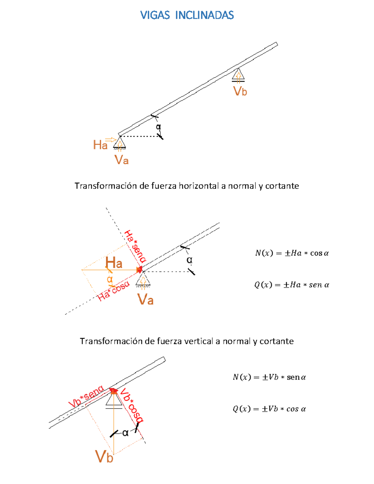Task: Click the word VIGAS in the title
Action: click(155, 15)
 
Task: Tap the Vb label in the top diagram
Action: click(240, 91)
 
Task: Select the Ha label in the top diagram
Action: click(100, 145)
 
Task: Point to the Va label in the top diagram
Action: click(121, 160)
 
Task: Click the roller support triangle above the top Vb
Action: click(238, 75)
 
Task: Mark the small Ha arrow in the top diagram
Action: click(110, 140)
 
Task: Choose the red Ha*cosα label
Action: click(113, 291)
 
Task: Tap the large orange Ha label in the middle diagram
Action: click(114, 263)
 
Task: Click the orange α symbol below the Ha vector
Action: click(109, 279)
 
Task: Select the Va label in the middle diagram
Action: click(145, 300)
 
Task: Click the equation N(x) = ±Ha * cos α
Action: click(292, 253)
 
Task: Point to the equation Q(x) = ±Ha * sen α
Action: click(292, 285)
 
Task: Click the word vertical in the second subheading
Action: click(199, 341)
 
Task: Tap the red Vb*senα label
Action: click(86, 396)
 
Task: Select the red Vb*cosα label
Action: click(132, 405)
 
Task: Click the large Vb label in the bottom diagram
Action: click(104, 457)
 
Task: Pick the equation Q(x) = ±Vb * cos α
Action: click(269, 409)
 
